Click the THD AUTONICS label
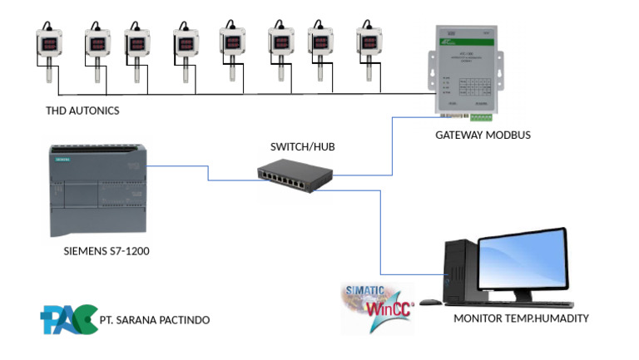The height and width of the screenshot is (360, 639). [82, 111]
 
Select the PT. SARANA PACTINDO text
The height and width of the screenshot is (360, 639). [154, 319]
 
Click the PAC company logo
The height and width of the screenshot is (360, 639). [67, 319]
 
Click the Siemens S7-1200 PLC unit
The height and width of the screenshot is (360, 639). [98, 191]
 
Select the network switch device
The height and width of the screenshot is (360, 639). [295, 175]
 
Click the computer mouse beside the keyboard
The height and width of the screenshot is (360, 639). [430, 301]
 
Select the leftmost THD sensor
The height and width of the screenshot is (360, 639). [47, 54]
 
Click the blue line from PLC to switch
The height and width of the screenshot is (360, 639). [208, 172]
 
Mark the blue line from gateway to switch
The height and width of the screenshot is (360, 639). [391, 150]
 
